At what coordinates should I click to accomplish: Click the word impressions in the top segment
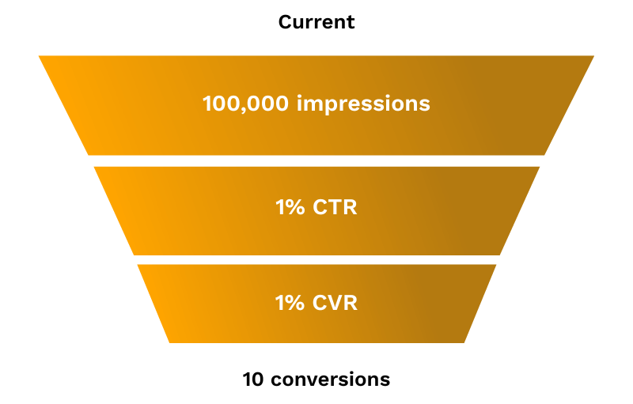[363, 104]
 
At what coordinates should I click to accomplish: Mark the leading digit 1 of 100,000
[207, 104]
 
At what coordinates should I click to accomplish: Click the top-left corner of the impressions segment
[40, 57]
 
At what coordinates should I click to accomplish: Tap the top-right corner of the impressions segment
[593, 57]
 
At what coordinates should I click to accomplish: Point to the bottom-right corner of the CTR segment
[499, 254]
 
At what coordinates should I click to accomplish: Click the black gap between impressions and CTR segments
[316, 160]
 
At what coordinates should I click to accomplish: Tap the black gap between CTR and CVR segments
[316, 259]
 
